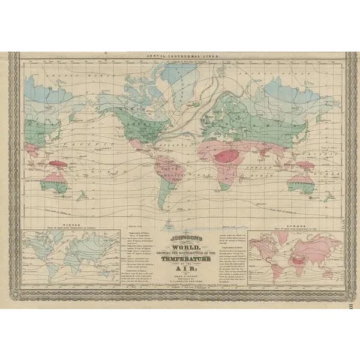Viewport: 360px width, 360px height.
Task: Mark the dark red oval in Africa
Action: click(227, 157)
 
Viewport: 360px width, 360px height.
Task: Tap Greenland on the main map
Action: click(179, 84)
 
